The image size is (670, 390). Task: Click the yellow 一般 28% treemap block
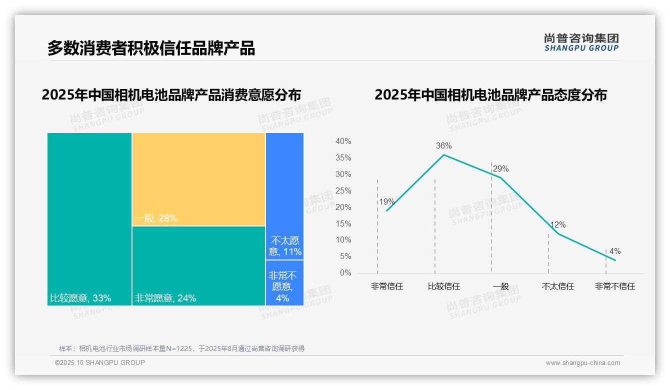(x=198, y=179)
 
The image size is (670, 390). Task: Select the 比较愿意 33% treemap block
(x=89, y=218)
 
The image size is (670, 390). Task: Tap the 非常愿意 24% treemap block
(x=198, y=265)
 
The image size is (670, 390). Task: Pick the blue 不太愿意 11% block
(x=284, y=196)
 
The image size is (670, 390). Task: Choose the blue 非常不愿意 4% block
(x=284, y=282)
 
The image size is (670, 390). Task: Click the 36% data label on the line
(x=443, y=146)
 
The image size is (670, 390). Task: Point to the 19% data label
(x=386, y=202)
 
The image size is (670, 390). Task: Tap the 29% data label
(x=500, y=169)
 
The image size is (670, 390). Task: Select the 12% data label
(x=557, y=225)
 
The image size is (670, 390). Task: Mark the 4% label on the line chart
(x=614, y=251)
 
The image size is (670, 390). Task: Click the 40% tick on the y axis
(x=343, y=141)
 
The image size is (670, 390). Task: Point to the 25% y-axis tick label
(x=343, y=191)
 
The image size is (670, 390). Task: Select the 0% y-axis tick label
(x=345, y=273)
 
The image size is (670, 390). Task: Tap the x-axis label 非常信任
(x=386, y=286)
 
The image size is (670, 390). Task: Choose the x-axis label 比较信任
(x=443, y=286)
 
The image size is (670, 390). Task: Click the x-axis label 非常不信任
(x=614, y=286)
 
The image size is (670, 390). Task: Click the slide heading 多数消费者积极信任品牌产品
(x=151, y=48)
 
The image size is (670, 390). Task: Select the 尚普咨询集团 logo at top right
(x=581, y=42)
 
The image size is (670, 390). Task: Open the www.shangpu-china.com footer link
(x=582, y=363)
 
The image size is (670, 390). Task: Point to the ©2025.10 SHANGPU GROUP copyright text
(x=100, y=362)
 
